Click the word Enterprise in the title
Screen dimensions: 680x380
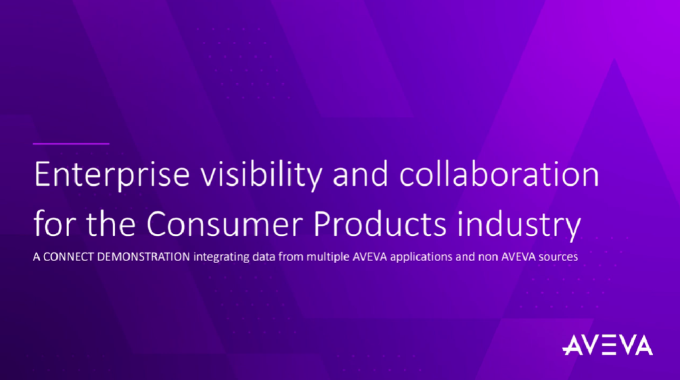(112, 175)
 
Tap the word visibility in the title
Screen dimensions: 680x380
(261, 175)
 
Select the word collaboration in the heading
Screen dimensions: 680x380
(499, 174)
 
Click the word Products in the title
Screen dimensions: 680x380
(379, 223)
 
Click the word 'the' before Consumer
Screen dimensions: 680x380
(111, 223)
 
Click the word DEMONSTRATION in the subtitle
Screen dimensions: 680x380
(143, 257)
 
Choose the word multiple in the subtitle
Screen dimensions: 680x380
(328, 257)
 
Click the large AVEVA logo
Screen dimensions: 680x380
(607, 345)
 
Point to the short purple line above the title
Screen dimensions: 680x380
(71, 143)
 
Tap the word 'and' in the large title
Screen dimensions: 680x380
(361, 174)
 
